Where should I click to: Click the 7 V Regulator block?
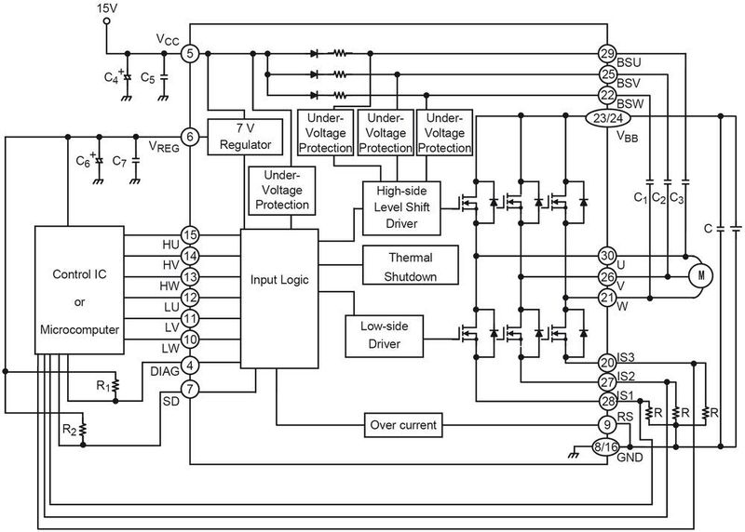244,137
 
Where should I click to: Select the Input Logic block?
278,279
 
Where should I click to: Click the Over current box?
400,426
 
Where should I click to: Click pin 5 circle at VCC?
190,54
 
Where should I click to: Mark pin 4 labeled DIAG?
190,365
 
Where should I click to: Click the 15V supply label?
109,10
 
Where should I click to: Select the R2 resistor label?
70,430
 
